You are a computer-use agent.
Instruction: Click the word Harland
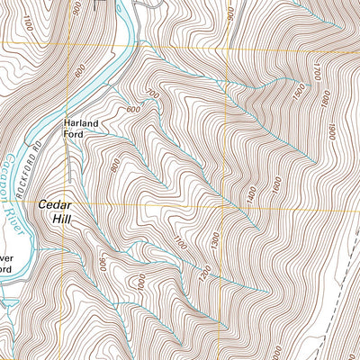(79, 124)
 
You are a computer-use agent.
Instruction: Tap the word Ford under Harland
(74, 135)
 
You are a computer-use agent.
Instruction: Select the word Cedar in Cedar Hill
(54, 204)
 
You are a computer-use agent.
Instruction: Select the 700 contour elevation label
(152, 94)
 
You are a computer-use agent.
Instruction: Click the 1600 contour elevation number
(277, 185)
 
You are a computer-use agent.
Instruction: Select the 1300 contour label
(214, 240)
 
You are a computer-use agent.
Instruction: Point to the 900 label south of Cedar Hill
(103, 263)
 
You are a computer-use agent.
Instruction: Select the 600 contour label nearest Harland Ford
(134, 110)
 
